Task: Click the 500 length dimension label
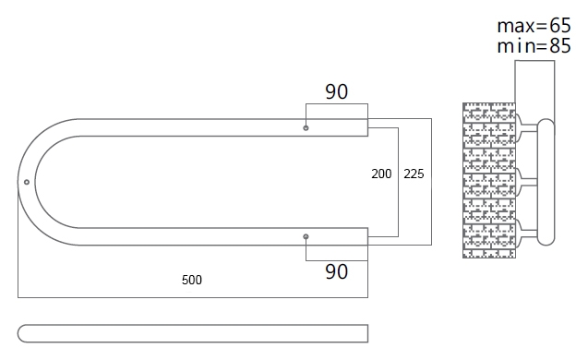[x=192, y=280]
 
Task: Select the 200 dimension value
[x=381, y=174]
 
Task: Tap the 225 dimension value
[x=414, y=174]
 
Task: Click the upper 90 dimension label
[x=336, y=91]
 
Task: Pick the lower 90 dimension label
[x=336, y=271]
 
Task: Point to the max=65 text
[x=534, y=26]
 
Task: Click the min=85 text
[x=534, y=46]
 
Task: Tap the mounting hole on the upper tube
[x=306, y=128]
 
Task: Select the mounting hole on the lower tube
[x=306, y=236]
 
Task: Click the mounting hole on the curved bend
[x=27, y=182]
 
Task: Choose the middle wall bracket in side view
[x=526, y=182]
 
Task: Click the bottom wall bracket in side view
[x=526, y=234]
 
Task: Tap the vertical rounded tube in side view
[x=546, y=182]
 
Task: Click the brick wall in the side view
[x=489, y=180]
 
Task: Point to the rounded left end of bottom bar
[x=21, y=333]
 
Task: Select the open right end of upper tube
[x=367, y=127]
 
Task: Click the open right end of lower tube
[x=367, y=236]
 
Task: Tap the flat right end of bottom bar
[x=367, y=333]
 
